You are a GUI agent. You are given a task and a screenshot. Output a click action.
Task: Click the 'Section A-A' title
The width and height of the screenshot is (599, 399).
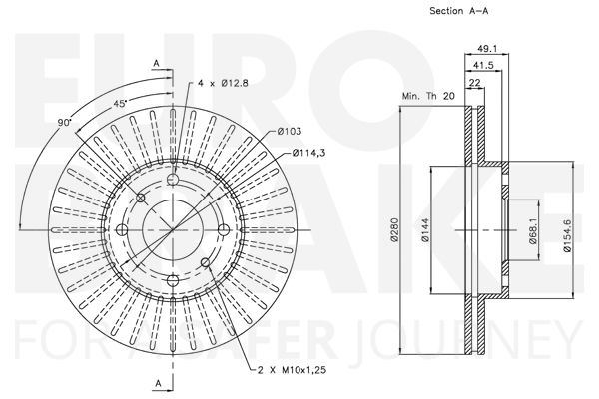click(x=459, y=11)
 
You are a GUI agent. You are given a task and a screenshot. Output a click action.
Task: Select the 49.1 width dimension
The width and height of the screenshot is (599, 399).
click(x=487, y=49)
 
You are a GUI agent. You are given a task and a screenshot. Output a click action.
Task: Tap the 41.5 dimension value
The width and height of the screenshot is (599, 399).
click(x=483, y=65)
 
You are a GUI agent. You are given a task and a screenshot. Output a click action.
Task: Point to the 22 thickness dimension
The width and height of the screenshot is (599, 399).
click(x=474, y=83)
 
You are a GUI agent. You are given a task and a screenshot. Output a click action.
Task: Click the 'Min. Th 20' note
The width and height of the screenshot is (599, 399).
click(x=428, y=96)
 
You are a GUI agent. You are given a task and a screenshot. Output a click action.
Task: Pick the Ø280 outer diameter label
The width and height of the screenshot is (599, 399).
click(x=394, y=229)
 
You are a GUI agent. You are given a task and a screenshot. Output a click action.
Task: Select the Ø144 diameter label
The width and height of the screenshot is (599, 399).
click(x=426, y=229)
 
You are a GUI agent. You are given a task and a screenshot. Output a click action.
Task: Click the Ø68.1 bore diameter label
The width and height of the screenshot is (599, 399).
click(x=534, y=231)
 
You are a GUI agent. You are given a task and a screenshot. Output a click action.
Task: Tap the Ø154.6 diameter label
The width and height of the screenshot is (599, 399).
click(x=567, y=236)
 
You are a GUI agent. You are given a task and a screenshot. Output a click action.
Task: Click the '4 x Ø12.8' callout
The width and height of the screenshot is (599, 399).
click(x=223, y=83)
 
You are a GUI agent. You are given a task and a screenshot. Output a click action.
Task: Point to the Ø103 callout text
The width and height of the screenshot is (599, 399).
click(x=290, y=132)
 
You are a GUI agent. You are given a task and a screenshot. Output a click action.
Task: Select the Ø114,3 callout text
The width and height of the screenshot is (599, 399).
click(x=309, y=153)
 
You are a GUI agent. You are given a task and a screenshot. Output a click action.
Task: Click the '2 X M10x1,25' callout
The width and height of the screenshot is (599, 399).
click(x=292, y=370)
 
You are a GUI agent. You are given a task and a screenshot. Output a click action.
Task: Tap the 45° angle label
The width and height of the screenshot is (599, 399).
click(x=120, y=104)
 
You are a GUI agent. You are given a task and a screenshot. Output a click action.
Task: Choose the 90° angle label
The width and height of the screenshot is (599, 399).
click(x=65, y=122)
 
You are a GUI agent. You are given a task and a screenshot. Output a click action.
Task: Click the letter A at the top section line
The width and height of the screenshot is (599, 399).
click(x=156, y=64)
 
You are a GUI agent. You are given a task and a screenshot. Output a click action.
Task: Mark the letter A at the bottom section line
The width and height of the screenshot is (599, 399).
click(x=158, y=383)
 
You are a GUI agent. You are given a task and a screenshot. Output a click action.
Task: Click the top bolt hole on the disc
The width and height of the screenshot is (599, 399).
click(x=173, y=179)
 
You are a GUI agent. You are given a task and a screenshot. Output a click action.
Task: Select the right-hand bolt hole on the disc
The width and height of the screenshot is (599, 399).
click(x=224, y=229)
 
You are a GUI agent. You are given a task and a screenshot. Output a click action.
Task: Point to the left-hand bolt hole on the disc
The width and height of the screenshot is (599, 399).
click(x=122, y=229)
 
